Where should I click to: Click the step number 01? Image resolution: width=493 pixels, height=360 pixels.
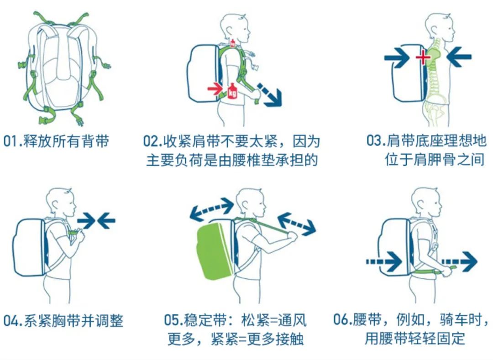[11, 141]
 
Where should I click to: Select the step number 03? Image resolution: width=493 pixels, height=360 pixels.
[374, 141]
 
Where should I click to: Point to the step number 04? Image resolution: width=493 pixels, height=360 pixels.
[11, 321]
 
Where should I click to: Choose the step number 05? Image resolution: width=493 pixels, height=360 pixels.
[172, 320]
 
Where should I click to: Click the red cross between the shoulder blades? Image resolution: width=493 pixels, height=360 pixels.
[423, 57]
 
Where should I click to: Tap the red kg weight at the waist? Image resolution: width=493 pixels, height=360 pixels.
[232, 91]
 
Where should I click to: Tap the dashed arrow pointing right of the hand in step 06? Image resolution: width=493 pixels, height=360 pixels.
[459, 262]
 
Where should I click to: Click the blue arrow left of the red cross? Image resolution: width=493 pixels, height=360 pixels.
[397, 57]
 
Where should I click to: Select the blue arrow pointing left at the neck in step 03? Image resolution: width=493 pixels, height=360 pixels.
[459, 57]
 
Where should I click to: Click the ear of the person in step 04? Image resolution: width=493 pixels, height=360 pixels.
[55, 204]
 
